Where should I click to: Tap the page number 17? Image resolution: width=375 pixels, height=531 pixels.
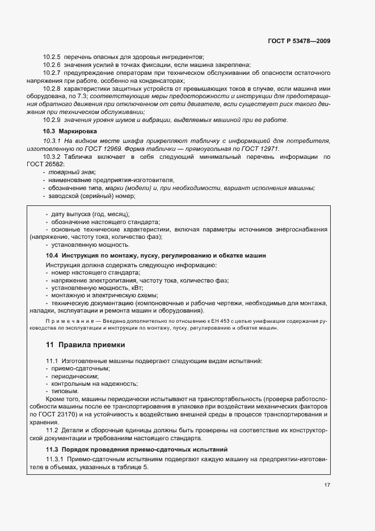[x=327, y=485]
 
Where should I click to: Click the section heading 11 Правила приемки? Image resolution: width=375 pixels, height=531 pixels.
[x=85, y=345]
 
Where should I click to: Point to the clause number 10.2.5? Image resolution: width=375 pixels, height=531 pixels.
[x=52, y=57]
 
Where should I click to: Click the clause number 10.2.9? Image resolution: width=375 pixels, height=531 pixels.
[x=52, y=120]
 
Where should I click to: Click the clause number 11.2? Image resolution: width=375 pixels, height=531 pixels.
[x=52, y=431]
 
